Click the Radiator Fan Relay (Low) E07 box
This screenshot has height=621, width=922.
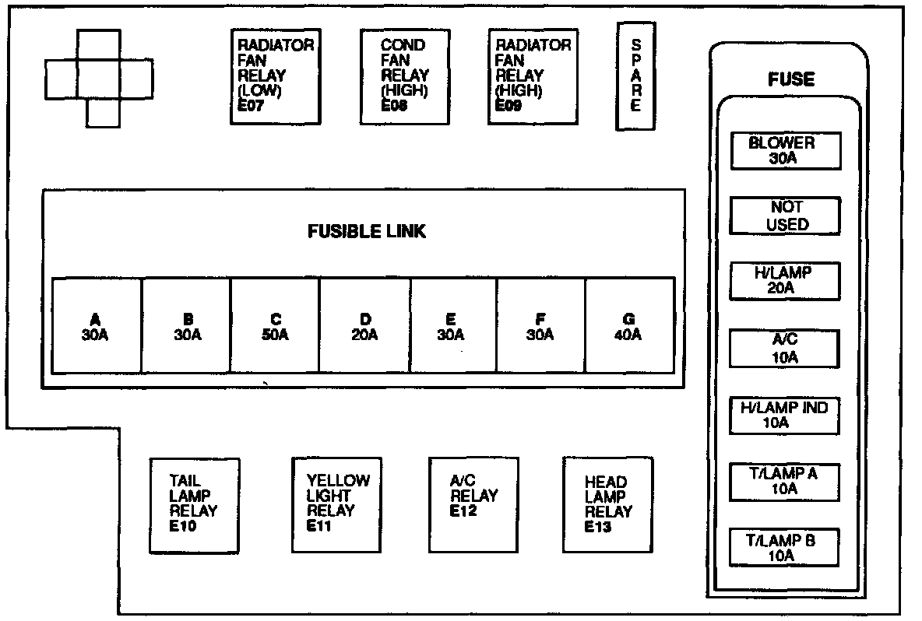[x=276, y=76]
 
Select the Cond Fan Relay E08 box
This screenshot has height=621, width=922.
[x=404, y=76]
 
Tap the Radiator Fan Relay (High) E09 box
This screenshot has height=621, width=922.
[x=533, y=76]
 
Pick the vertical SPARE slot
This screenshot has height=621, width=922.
[x=635, y=75]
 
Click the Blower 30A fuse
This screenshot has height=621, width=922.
[x=785, y=151]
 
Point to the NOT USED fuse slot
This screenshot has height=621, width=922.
[x=785, y=216]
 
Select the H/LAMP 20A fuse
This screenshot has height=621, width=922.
[x=785, y=281]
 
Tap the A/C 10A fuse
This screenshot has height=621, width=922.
[x=785, y=348]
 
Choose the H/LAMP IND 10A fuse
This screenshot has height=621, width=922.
[x=785, y=415]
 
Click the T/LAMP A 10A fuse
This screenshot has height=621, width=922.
[x=785, y=481]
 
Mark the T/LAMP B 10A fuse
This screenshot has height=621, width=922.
[x=785, y=547]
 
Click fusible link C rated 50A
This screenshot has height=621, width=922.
[x=275, y=326]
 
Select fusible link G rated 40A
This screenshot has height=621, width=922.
[x=628, y=326]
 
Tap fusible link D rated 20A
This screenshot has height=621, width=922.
[x=364, y=326]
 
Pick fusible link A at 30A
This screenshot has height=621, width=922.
[x=96, y=326]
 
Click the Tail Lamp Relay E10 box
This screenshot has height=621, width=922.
[x=194, y=504]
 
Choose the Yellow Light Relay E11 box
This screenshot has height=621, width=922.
[x=336, y=504]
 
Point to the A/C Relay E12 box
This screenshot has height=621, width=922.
[x=473, y=504]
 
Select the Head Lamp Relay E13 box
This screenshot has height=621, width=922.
[x=607, y=504]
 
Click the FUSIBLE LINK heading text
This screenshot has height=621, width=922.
[x=366, y=232]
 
